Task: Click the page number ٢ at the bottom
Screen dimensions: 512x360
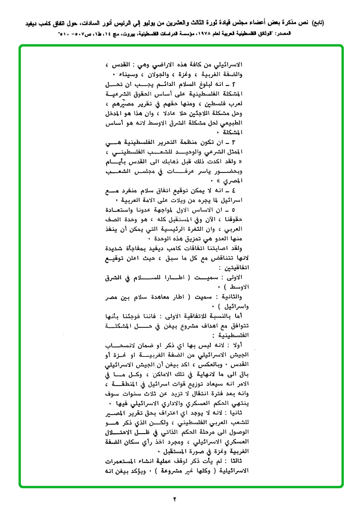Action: (174, 499)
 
